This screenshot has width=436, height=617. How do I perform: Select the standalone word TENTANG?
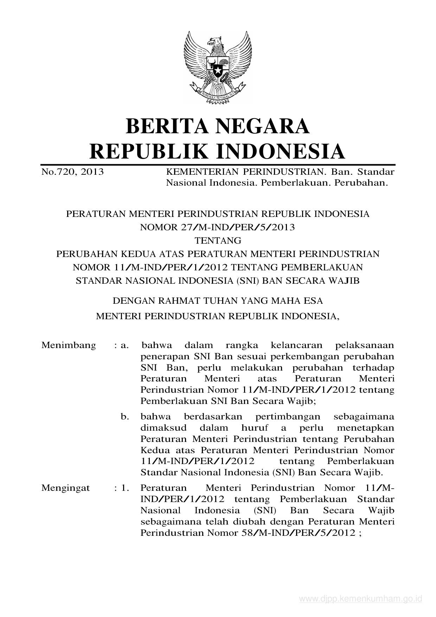pos(218,240)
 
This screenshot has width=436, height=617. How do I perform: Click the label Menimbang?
pos(69,345)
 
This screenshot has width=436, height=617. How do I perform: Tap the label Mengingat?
pos(66,488)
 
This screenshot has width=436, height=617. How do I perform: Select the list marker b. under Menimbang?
pos(125,417)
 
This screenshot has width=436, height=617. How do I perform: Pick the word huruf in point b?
pos(255,428)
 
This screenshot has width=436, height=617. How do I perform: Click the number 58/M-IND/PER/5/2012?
pos(299,533)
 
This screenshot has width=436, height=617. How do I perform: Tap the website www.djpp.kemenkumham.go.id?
pos(360,599)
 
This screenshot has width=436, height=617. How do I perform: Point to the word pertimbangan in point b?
pos(288,417)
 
